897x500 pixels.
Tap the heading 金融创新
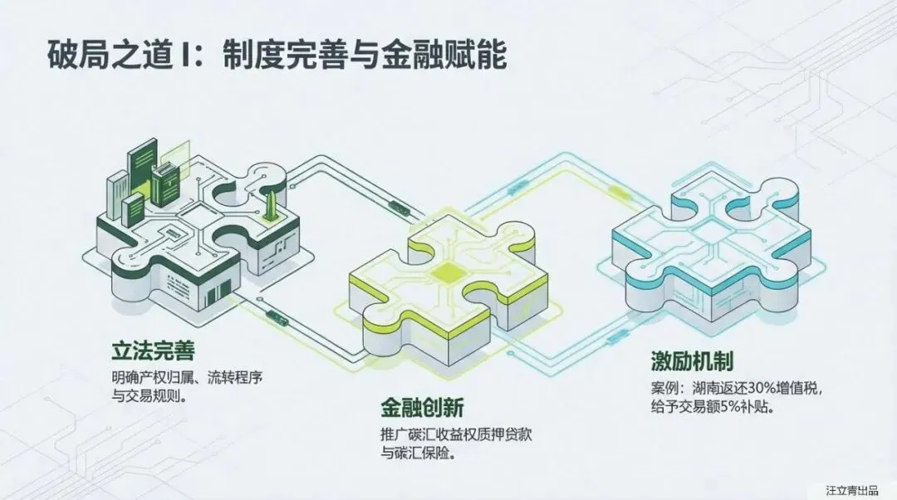pyautogui.click(x=421, y=407)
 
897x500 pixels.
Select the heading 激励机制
pyautogui.click(x=691, y=362)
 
